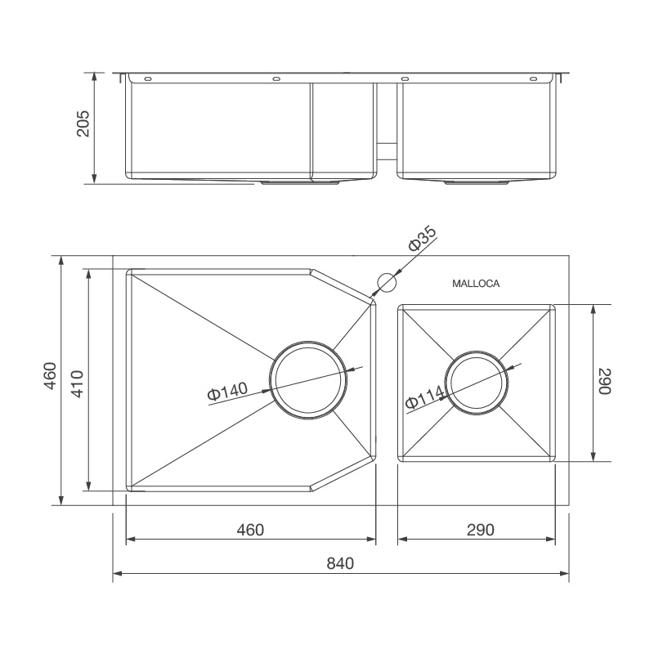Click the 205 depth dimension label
tap(83, 124)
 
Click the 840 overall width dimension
tap(342, 563)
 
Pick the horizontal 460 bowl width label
tap(250, 530)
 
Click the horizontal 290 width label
tap(480, 530)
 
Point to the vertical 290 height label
tap(604, 382)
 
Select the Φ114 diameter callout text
tap(425, 398)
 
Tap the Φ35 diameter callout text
tap(423, 239)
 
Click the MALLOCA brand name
tap(476, 284)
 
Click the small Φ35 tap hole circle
tap(386, 282)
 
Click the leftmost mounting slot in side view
tap(148, 79)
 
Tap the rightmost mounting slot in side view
tap(533, 79)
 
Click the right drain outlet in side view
tap(477, 183)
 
